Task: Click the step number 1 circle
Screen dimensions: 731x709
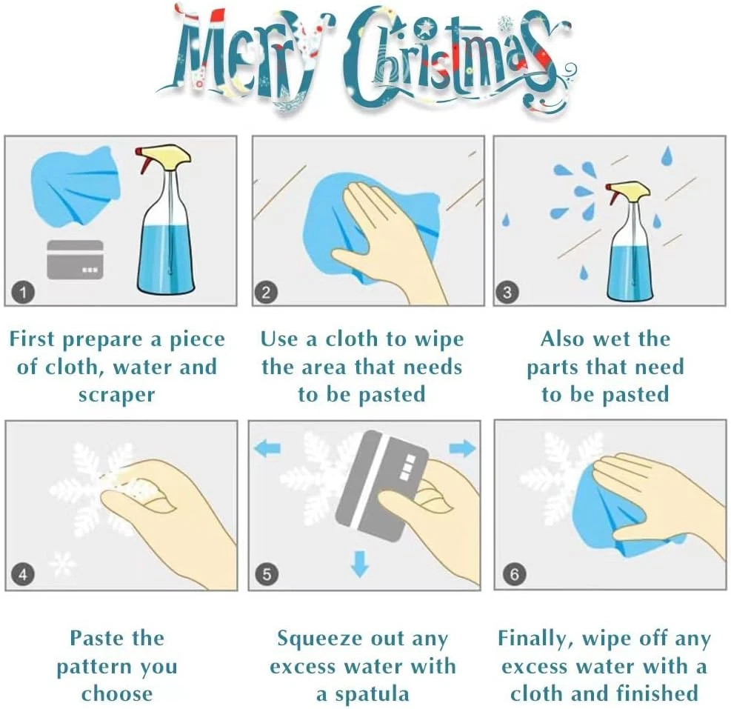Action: coord(23,293)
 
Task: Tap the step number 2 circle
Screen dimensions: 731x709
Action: coord(266,293)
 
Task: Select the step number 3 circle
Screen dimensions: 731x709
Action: coord(507,293)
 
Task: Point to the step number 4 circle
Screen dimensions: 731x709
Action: coord(23,574)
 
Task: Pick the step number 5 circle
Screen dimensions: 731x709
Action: coord(267,574)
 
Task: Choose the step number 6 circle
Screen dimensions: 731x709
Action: coord(514,574)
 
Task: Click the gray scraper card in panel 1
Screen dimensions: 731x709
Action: coord(75,260)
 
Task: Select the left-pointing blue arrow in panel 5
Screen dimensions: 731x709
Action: coord(267,449)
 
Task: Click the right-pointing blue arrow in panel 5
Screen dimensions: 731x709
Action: coord(462,449)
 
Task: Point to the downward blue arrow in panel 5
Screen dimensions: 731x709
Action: coord(360,564)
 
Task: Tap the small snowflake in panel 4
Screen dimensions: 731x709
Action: coord(62,563)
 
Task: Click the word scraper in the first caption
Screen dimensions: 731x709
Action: coord(116,395)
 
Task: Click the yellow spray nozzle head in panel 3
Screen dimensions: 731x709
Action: coord(630,190)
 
